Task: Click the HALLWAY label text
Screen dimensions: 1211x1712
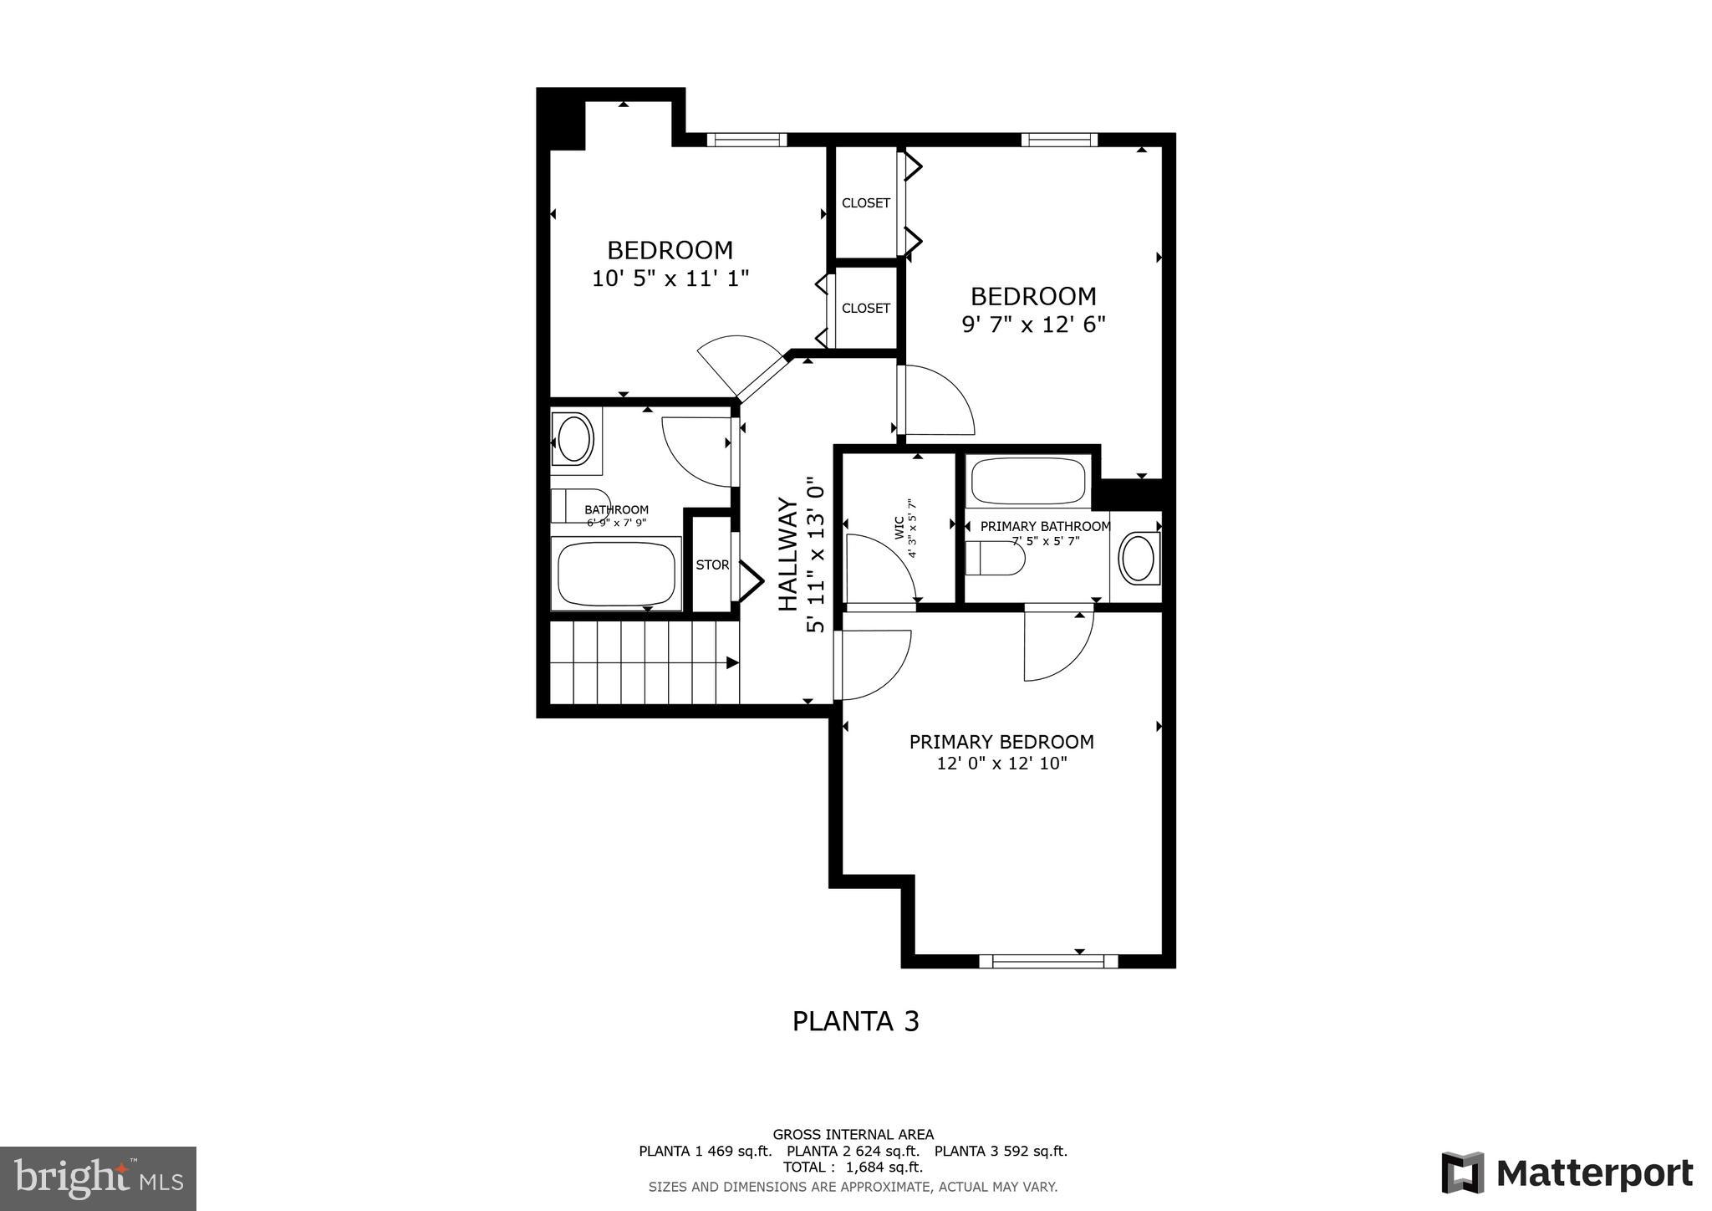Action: pyautogui.click(x=788, y=554)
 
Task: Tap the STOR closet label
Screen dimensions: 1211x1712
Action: pyautogui.click(x=712, y=565)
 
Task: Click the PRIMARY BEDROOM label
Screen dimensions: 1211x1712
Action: pyautogui.click(x=1001, y=742)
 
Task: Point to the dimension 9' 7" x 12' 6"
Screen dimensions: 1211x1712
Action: pyautogui.click(x=1033, y=324)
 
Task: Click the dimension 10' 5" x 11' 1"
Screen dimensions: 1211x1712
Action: pyautogui.click(x=670, y=278)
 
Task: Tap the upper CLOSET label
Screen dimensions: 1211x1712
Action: pyautogui.click(x=865, y=203)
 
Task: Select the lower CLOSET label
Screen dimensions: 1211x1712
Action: pyautogui.click(x=865, y=308)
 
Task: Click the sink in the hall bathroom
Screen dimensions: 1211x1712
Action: pyautogui.click(x=574, y=439)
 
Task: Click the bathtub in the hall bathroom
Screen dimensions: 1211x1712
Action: pyautogui.click(x=616, y=574)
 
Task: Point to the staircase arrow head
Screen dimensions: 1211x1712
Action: pyautogui.click(x=732, y=663)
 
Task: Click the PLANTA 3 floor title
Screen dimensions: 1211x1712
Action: pyautogui.click(x=855, y=1021)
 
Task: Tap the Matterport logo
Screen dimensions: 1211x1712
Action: pyautogui.click(x=1567, y=1173)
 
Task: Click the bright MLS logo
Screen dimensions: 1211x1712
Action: pyautogui.click(x=98, y=1178)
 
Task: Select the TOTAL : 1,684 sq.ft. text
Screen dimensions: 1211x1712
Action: pyautogui.click(x=853, y=1167)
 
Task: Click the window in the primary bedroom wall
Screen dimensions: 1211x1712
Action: pyautogui.click(x=1048, y=961)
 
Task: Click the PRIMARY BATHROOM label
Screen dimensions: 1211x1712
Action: pyautogui.click(x=1045, y=526)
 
